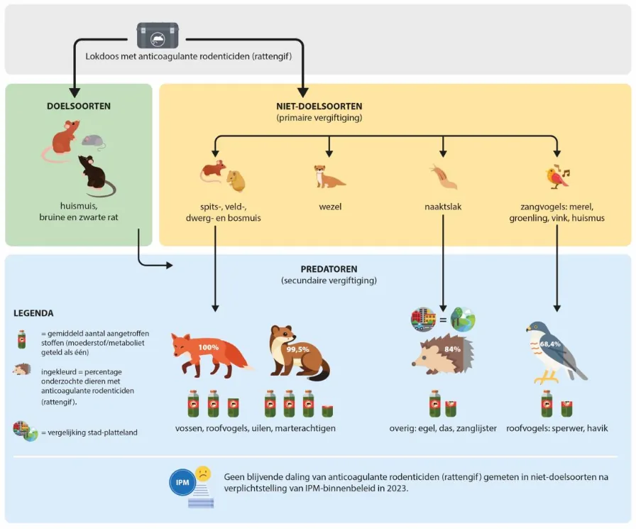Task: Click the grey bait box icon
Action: (158, 36)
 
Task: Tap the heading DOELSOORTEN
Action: (79, 107)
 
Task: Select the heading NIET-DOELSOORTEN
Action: (319, 107)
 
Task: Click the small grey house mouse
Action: (94, 141)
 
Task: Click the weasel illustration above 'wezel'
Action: (329, 176)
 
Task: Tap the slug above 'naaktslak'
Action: (444, 177)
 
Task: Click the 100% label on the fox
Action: (209, 347)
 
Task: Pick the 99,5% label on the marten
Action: (297, 349)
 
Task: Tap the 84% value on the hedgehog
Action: (452, 349)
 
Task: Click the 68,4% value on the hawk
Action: (550, 344)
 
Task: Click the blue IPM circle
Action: (182, 482)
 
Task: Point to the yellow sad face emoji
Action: (203, 474)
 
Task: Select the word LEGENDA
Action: (33, 313)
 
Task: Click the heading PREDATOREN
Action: (329, 269)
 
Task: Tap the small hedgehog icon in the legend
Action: (21, 369)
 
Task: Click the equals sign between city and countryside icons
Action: (443, 320)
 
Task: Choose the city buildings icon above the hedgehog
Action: (424, 320)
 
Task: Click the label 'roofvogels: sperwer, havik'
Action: (557, 428)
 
